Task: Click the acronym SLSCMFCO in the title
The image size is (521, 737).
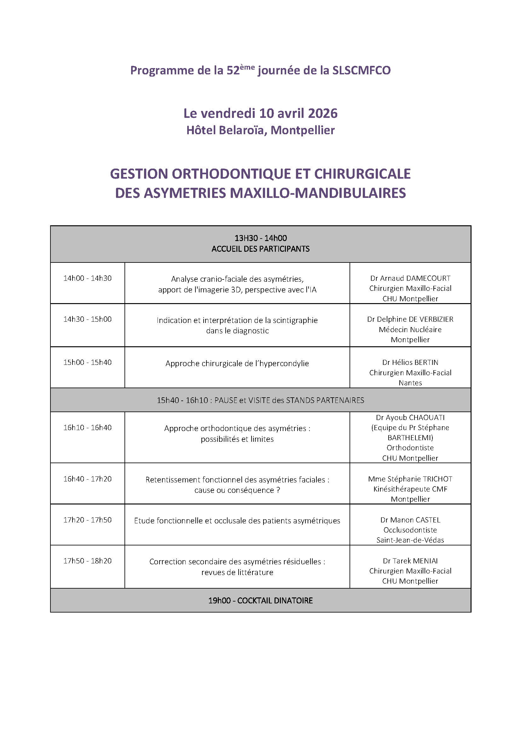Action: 361,70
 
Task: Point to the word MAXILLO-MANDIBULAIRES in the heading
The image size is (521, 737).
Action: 318,193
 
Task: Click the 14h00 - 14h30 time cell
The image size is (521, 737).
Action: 87,278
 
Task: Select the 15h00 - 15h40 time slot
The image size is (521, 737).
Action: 87,362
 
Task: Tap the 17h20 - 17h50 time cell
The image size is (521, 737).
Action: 87,520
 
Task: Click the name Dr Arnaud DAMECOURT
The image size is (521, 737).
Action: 410,278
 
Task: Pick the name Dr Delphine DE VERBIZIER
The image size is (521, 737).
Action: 410,320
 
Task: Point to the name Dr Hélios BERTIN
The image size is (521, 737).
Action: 410,362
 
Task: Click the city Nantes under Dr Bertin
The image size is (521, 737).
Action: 410,383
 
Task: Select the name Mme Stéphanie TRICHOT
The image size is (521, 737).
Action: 410,479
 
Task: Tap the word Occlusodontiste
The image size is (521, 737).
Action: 410,530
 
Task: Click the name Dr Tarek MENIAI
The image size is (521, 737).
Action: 410,561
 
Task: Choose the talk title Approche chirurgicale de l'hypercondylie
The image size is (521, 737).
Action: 237,363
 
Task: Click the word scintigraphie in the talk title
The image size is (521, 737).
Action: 295,320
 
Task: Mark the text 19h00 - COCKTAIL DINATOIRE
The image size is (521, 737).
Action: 260,600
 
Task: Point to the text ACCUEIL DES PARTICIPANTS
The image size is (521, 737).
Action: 260,249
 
